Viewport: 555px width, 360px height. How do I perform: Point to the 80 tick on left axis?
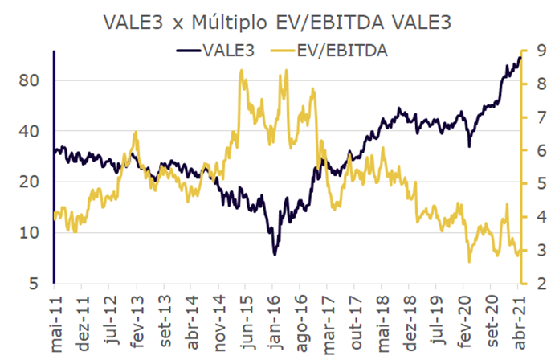tap(30, 81)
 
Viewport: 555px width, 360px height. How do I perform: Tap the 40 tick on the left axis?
tap(30, 132)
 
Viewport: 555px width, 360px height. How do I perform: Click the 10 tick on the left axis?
tap(30, 233)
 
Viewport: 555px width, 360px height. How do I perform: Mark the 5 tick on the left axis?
tap(34, 284)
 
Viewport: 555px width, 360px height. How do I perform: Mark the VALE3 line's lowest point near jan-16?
tap(275, 255)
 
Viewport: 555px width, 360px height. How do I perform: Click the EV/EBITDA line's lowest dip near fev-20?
tap(469, 261)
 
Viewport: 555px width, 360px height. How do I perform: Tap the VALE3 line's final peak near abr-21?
tap(519, 56)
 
